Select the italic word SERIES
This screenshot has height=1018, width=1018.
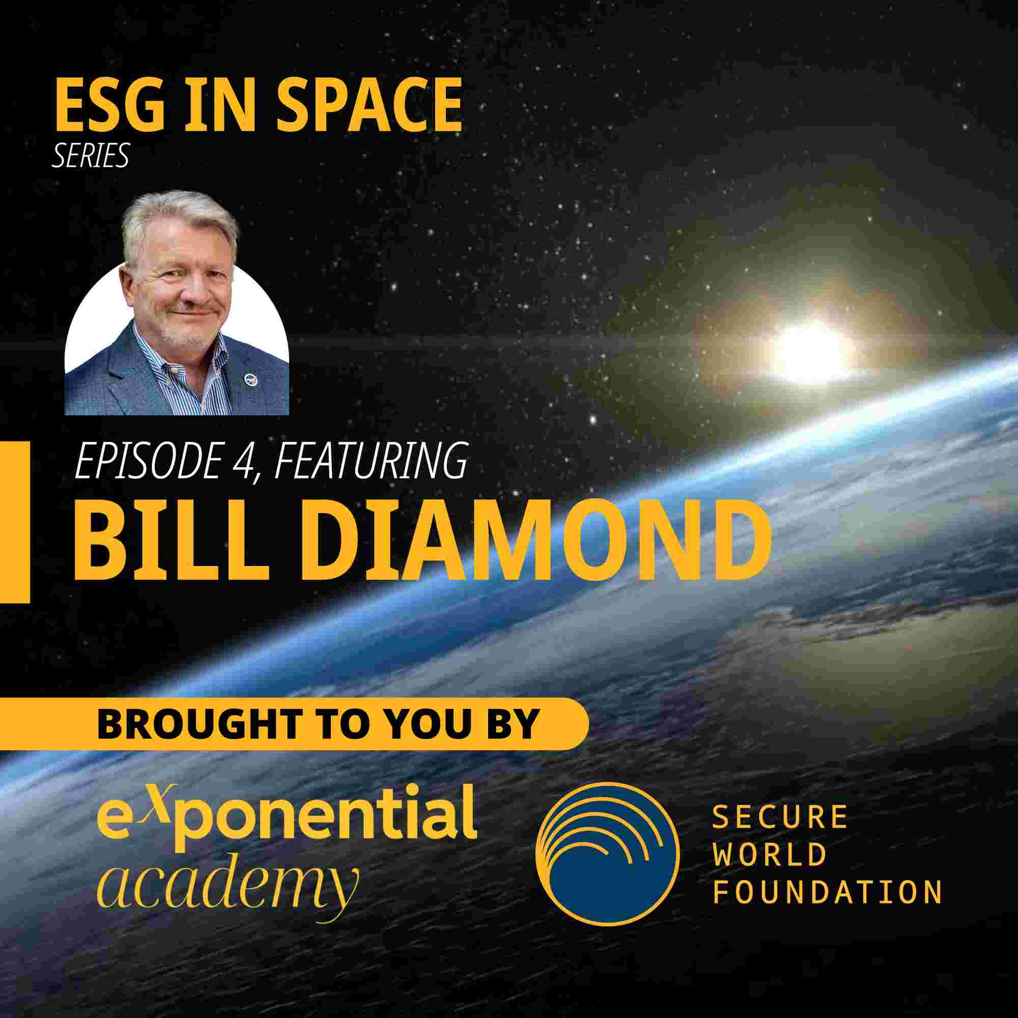[90, 155]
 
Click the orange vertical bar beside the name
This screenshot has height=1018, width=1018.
[15, 521]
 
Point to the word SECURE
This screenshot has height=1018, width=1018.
[780, 817]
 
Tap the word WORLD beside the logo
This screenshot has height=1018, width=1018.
[769, 855]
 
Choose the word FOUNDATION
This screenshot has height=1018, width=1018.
[827, 892]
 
